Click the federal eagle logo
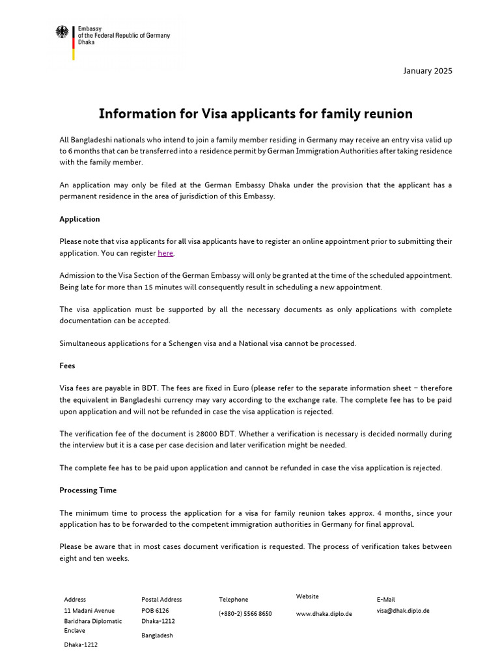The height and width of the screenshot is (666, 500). pos(62,32)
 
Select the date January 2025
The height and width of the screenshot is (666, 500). pos(428,71)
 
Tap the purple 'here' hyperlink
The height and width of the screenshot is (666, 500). pos(165,253)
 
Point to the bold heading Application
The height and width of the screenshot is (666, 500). pos(79,219)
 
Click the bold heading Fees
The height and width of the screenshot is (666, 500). pos(67,366)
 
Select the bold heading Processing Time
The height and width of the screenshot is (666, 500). pos(88,490)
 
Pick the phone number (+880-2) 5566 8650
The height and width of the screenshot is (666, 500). pos(245,613)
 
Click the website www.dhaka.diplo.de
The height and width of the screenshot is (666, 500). pos(324,613)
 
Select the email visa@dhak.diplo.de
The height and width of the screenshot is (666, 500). pos(403,611)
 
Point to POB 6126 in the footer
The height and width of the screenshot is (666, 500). pos(155,611)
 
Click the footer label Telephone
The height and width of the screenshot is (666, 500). pos(233,599)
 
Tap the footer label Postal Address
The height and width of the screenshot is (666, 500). pos(161,599)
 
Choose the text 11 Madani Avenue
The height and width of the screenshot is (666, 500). pos(89,611)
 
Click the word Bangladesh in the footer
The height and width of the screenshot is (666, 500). pos(157,635)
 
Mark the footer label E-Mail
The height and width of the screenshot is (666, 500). pos(385,599)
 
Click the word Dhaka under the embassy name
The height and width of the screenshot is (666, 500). pos(86,42)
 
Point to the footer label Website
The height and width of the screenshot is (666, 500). pos(307,596)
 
